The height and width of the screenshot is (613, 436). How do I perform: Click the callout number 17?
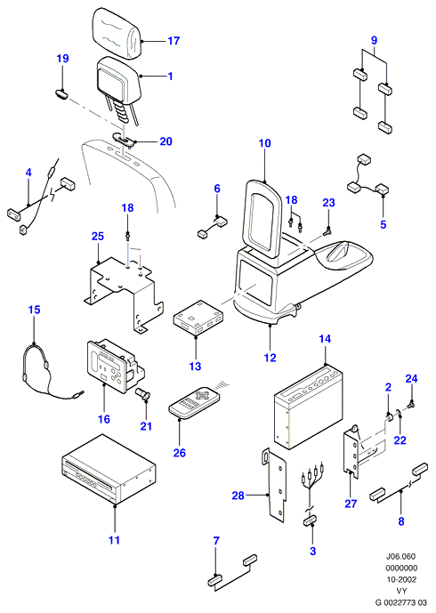tap(174, 41)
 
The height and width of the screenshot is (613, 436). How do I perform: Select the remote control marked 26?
tap(195, 403)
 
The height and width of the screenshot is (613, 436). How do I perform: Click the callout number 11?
tap(114, 540)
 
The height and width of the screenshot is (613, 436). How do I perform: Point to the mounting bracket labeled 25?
tap(124, 291)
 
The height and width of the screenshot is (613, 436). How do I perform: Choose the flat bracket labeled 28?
tap(276, 485)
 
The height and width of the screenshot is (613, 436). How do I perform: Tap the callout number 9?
tap(374, 40)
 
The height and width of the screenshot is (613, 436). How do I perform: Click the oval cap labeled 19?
tap(61, 93)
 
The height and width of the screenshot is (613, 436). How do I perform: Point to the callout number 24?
tap(411, 378)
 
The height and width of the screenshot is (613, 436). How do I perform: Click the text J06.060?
tap(400, 556)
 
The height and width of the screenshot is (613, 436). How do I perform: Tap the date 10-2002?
tap(401, 579)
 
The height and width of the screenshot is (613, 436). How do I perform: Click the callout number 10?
tap(265, 143)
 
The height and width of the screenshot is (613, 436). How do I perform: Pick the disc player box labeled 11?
tap(109, 470)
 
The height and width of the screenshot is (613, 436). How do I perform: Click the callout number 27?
tap(351, 504)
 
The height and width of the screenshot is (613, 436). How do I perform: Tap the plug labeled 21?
tap(142, 393)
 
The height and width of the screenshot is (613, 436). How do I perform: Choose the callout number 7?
tap(216, 541)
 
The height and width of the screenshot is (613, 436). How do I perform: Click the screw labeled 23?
tap(327, 232)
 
